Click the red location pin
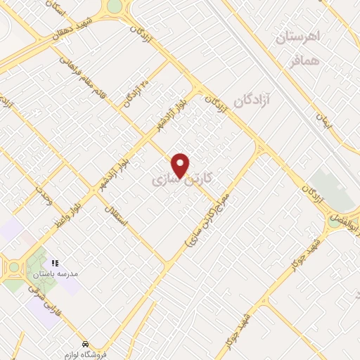coord(181,165)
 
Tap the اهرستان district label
coord(297,37)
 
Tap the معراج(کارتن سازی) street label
coord(213,221)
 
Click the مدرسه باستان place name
coord(52,273)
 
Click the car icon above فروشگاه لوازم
coord(85,344)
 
